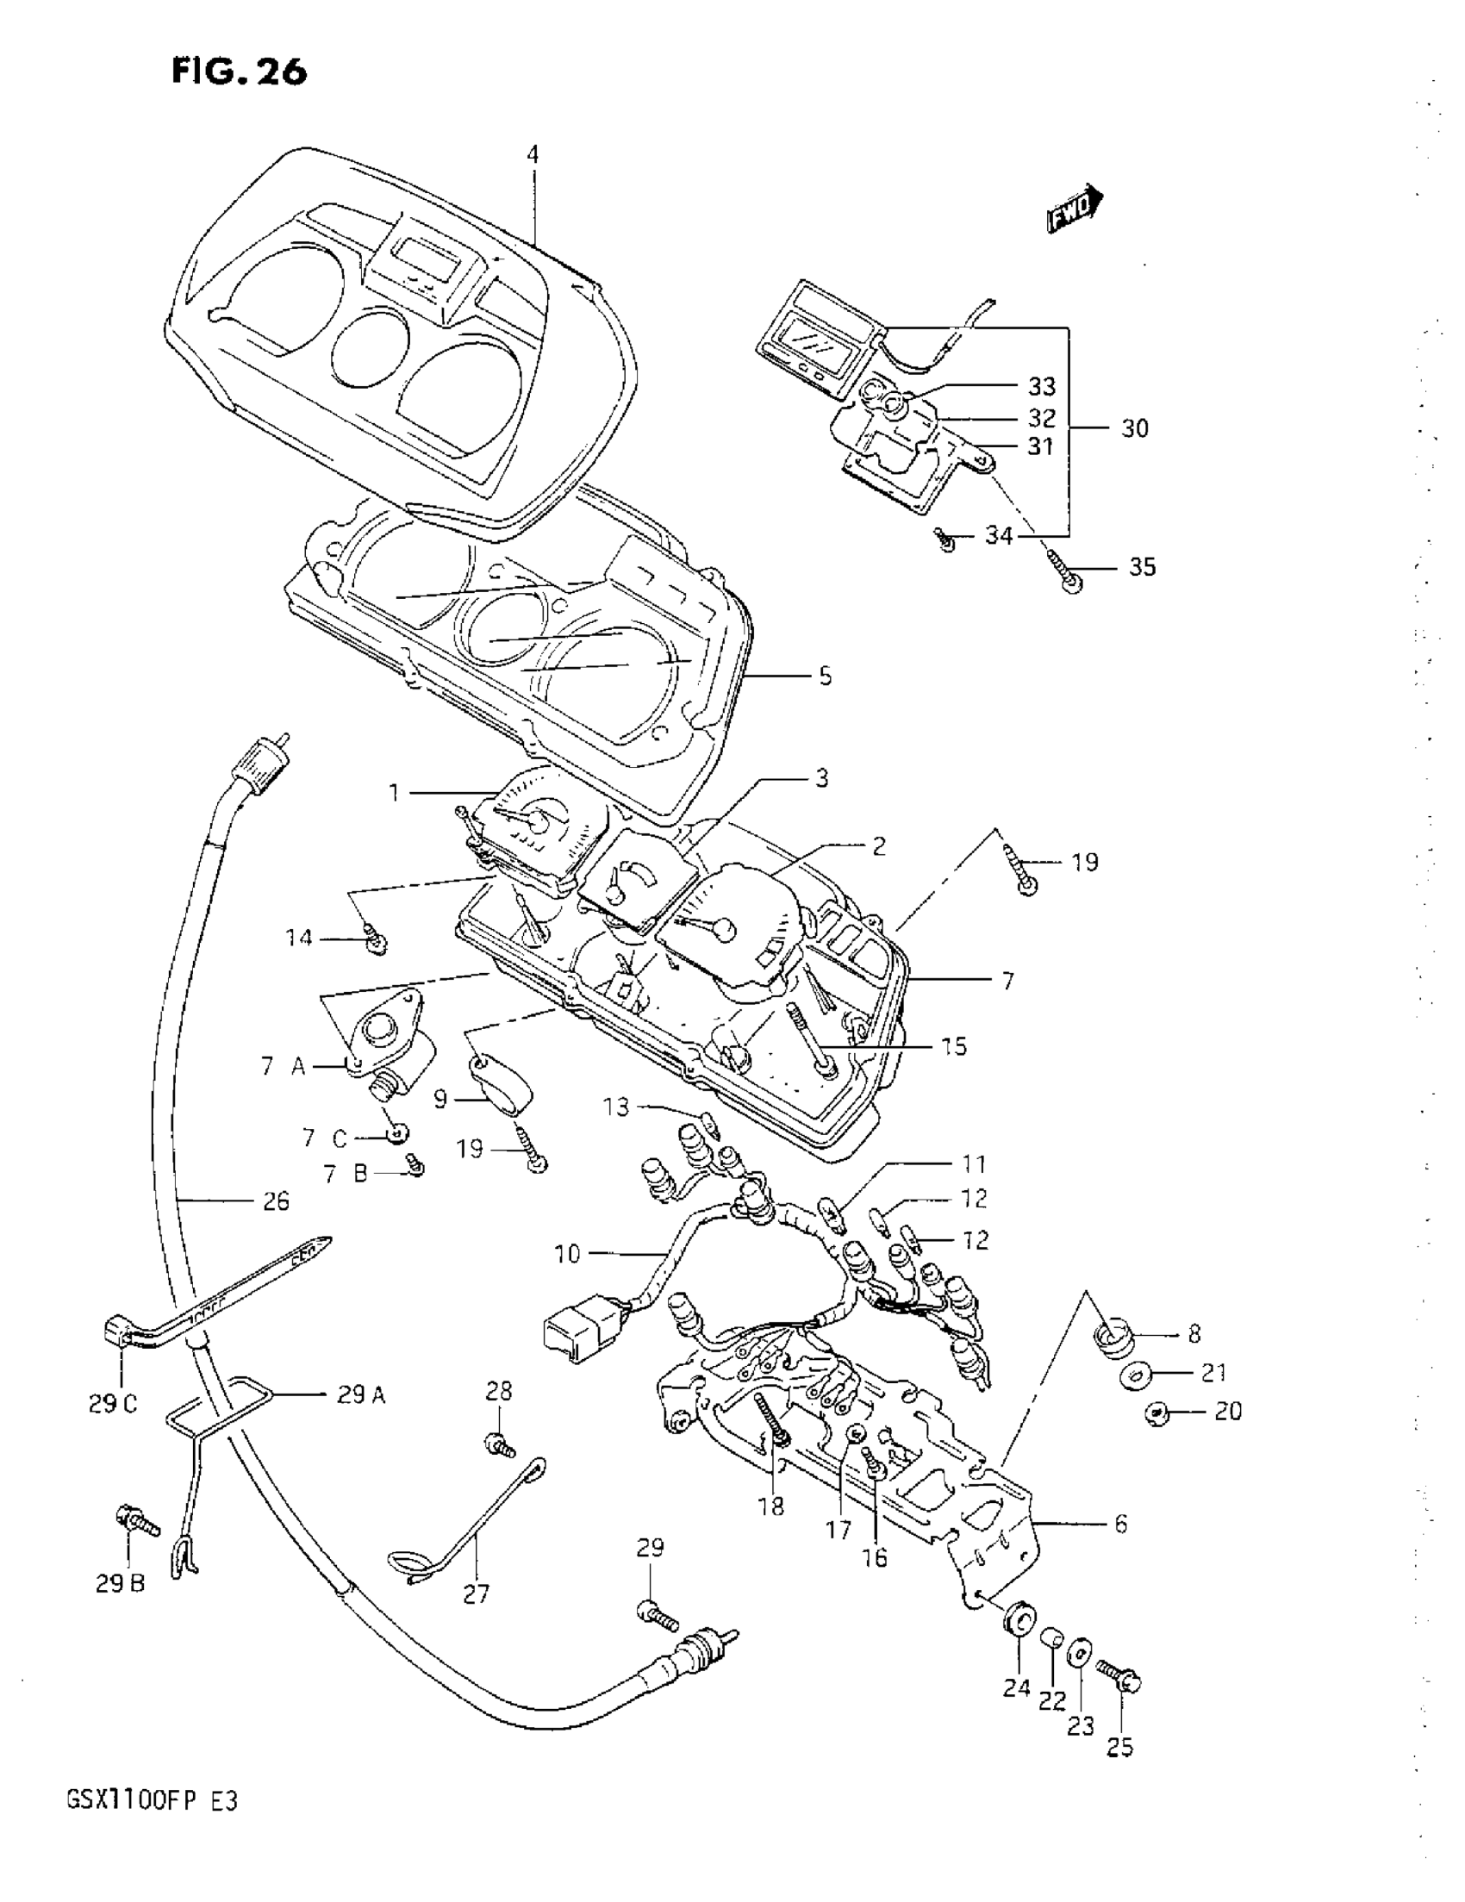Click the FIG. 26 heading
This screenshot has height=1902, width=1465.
pyautogui.click(x=239, y=72)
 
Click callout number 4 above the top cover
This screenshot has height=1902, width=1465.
pyautogui.click(x=533, y=155)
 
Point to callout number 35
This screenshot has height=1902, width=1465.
pyautogui.click(x=1142, y=567)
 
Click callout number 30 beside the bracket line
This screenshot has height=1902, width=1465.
pyautogui.click(x=1134, y=428)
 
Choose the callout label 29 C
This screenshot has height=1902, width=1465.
pyautogui.click(x=112, y=1405)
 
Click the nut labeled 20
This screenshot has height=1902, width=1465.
pyautogui.click(x=1158, y=1413)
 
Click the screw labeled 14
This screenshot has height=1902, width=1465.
pyautogui.click(x=377, y=940)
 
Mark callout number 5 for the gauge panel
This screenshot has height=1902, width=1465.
pyautogui.click(x=825, y=677)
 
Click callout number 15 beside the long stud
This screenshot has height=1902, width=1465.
pyautogui.click(x=955, y=1046)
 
